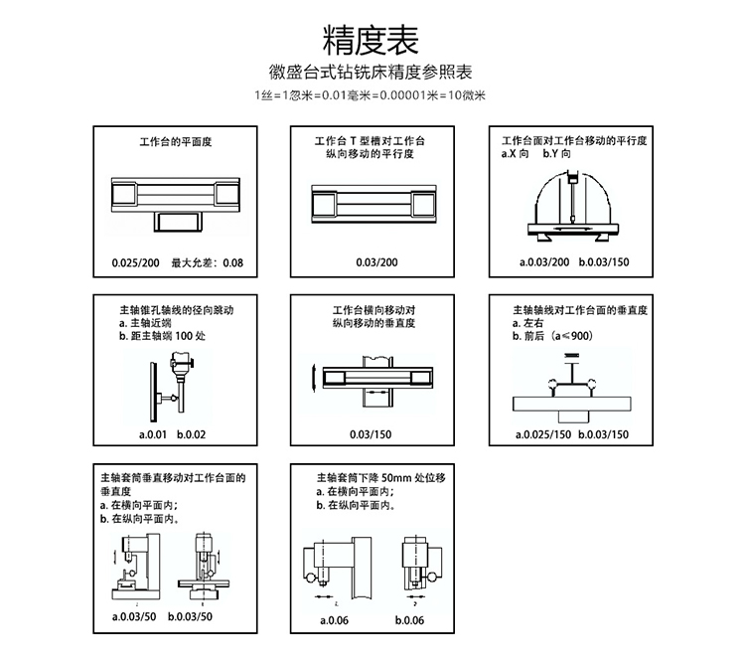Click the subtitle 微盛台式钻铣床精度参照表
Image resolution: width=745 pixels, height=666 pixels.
[x=372, y=74]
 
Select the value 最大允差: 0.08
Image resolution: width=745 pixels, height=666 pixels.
[x=208, y=262]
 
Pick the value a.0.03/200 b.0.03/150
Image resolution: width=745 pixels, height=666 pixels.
[x=572, y=262]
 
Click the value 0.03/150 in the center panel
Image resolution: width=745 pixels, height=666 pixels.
[x=372, y=434]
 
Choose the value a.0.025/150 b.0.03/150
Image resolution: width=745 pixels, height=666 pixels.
[x=572, y=434]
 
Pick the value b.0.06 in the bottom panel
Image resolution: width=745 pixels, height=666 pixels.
[x=409, y=621]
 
